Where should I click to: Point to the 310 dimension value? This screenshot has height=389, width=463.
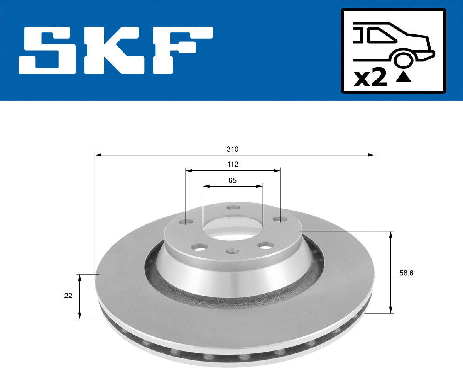[233, 149]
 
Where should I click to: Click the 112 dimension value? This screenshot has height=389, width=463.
[233, 165]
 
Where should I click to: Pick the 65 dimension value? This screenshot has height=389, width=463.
[232, 180]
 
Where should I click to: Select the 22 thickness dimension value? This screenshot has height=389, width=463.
[68, 296]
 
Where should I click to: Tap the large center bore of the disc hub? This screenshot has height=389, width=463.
[231, 228]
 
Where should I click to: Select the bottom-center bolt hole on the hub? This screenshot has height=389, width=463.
[231, 251]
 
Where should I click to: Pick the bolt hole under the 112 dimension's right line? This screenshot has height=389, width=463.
[278, 220]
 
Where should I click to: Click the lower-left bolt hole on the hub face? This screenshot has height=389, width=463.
[200, 246]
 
